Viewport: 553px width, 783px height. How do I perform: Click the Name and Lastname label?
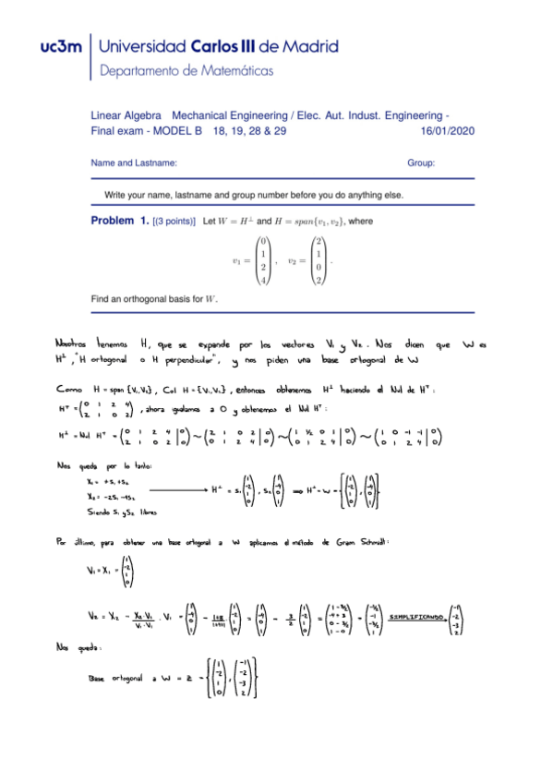click(134, 163)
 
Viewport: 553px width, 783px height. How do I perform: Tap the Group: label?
click(421, 163)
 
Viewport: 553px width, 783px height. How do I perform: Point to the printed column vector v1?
click(262, 261)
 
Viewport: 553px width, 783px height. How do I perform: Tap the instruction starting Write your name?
click(254, 195)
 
